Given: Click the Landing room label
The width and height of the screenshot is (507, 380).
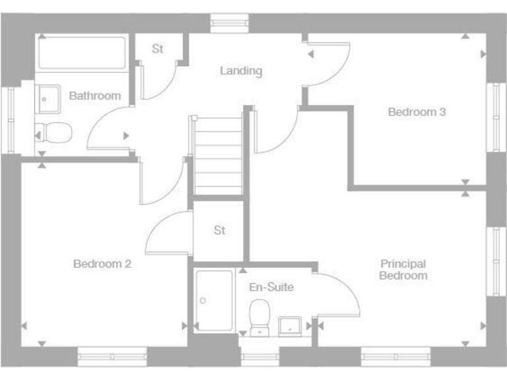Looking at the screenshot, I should (x=241, y=71).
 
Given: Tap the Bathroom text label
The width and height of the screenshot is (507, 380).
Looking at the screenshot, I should (x=95, y=96).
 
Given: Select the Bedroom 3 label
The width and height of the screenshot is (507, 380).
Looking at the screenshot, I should (x=417, y=112).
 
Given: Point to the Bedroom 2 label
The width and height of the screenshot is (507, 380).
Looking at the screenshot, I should (x=102, y=264).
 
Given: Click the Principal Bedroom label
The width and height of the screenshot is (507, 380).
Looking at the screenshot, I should (x=403, y=270).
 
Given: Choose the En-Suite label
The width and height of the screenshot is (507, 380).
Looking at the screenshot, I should (x=271, y=287).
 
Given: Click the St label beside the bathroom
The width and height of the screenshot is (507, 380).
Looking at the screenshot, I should (x=158, y=49).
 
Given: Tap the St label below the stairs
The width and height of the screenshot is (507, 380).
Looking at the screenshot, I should (x=219, y=230).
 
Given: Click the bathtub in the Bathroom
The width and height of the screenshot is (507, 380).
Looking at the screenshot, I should (x=82, y=53).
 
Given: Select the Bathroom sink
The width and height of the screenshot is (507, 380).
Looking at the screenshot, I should (x=47, y=100).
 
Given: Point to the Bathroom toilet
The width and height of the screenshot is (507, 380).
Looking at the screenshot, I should (x=53, y=132).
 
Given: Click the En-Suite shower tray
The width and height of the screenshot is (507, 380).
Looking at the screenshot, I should (x=215, y=300).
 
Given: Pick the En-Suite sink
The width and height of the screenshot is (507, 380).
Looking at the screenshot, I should (x=290, y=326).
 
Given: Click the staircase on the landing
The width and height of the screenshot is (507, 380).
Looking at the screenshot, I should (x=219, y=156).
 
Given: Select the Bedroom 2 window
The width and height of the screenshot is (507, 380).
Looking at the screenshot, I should (x=112, y=356).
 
